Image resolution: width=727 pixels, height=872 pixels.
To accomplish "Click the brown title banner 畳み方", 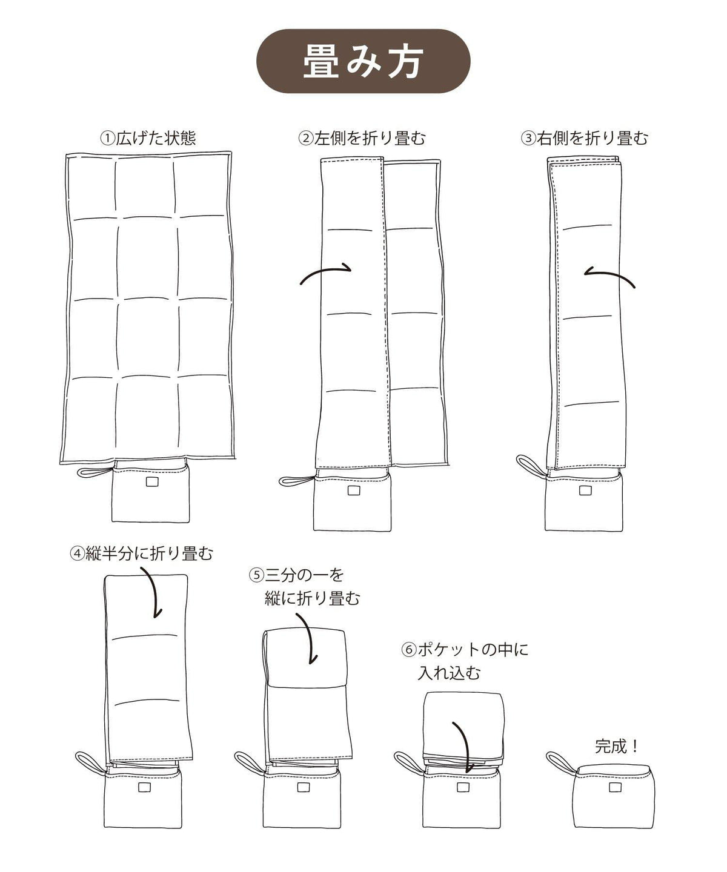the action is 363,61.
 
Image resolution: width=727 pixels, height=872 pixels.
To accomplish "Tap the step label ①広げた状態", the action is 148,138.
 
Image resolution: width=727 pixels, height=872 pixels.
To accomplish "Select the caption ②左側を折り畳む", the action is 362,138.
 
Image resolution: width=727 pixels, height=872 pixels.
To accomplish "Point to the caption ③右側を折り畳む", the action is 585,138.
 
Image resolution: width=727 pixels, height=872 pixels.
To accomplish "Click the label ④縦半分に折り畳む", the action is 142,553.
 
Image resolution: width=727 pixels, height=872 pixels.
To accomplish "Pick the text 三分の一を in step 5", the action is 305,575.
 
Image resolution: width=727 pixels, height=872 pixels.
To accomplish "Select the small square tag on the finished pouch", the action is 615,788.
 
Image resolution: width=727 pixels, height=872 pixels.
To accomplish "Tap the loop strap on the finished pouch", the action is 561,762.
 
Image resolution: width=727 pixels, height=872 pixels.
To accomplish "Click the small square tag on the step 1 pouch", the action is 152,482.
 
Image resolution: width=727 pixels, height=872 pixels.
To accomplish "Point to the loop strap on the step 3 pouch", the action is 531,466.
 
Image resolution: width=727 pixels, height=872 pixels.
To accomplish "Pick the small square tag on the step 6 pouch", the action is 462,788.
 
